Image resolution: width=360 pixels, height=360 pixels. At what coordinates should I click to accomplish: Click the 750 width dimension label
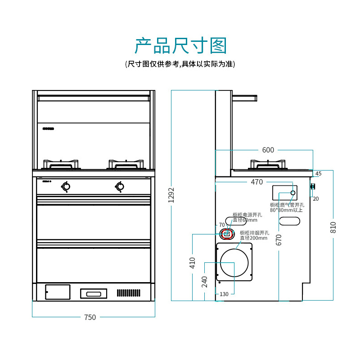click(x=90, y=317)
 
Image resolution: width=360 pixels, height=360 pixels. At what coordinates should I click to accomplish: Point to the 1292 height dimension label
click(x=171, y=195)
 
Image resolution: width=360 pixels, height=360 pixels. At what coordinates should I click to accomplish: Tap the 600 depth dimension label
click(x=268, y=150)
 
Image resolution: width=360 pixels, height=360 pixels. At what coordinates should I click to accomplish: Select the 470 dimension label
click(x=256, y=182)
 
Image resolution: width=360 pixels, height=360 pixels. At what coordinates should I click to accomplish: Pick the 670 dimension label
click(x=279, y=239)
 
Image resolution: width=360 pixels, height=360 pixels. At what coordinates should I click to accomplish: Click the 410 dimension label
click(x=192, y=262)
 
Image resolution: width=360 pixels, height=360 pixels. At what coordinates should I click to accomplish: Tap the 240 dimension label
click(x=204, y=281)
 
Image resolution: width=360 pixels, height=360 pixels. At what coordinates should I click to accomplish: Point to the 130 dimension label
click(x=224, y=294)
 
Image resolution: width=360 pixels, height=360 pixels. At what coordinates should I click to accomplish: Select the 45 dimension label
click(x=318, y=174)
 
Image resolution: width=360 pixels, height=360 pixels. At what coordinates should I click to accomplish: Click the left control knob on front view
click(x=66, y=186)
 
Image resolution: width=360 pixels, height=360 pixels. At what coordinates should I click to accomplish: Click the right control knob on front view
click(x=120, y=186)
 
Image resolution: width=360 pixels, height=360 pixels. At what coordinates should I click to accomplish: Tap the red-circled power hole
click(x=227, y=233)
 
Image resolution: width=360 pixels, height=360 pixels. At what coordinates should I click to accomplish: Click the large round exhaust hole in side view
click(x=234, y=262)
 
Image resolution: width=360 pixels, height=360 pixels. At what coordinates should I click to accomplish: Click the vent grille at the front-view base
click(x=129, y=293)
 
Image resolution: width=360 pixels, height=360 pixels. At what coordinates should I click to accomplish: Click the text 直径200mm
click(x=254, y=238)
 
